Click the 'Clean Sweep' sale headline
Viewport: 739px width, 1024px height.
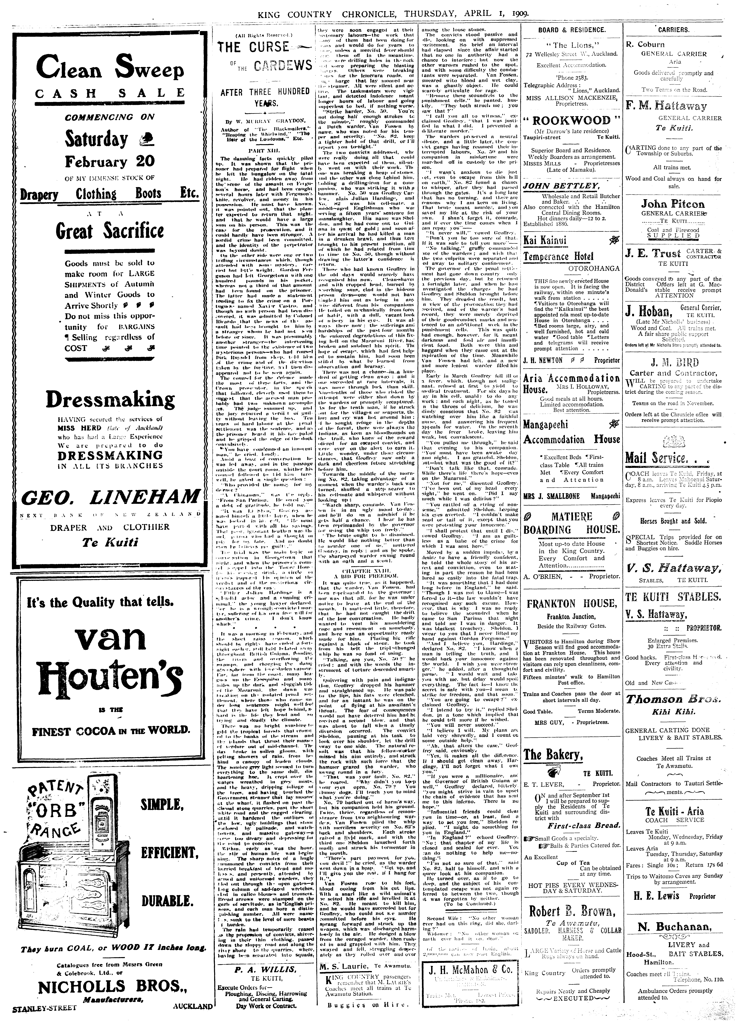111,70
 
